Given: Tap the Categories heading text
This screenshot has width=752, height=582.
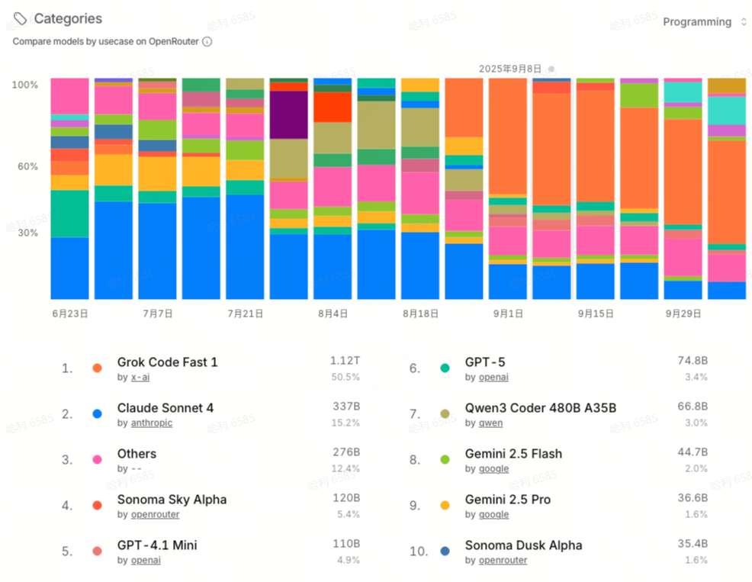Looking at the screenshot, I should (68, 18).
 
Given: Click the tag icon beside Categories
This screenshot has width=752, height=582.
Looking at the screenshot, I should (21, 18).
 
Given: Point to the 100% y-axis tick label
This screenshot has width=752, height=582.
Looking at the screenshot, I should (24, 85).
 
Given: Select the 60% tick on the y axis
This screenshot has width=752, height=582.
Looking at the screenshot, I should (27, 166).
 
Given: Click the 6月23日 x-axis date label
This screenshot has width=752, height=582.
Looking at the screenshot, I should (70, 314).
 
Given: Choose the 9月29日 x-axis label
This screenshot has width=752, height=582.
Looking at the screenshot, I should (683, 314).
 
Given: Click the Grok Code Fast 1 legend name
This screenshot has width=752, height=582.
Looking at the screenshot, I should (167, 362).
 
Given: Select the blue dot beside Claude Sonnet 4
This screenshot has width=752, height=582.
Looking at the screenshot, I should (97, 414).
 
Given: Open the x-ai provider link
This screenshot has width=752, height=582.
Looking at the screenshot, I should (140, 377).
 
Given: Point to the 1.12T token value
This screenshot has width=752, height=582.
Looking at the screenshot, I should (345, 360).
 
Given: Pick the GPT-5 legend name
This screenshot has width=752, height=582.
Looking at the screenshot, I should (485, 362).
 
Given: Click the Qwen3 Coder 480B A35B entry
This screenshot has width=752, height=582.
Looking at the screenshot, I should (541, 408).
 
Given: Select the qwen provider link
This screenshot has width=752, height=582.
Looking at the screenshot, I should (490, 423).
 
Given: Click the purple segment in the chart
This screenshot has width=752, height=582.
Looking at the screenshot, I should (288, 114).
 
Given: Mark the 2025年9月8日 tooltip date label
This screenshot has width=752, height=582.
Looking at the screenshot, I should (510, 69).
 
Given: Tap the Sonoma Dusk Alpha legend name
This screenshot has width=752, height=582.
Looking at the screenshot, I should (523, 545).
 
